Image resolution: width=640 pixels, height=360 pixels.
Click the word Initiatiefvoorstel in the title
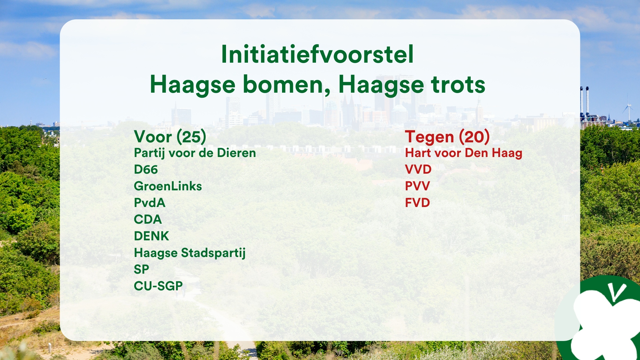point(317,54)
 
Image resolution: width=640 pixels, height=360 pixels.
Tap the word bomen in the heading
point(286,85)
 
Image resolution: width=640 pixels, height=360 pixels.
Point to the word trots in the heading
point(458,85)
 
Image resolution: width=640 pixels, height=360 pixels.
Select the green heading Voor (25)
point(170,137)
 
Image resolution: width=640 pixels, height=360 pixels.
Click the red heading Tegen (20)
point(447,137)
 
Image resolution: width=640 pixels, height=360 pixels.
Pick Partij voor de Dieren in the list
point(195,153)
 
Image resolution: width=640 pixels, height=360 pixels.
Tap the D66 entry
point(146,169)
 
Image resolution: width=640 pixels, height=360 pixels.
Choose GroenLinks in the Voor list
point(168,186)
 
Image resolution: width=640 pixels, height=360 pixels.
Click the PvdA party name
point(149,203)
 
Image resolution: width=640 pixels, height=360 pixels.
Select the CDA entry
point(148,219)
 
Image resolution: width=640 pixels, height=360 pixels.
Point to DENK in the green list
point(151,236)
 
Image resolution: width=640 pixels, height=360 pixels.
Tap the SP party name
point(141,269)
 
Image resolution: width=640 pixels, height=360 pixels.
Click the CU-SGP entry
point(158,286)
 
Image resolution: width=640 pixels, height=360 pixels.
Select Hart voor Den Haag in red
point(464,153)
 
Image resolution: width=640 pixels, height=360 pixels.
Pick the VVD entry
point(418,169)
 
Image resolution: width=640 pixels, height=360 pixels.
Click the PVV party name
point(417,186)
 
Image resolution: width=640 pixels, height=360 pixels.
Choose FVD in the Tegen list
point(417,203)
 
